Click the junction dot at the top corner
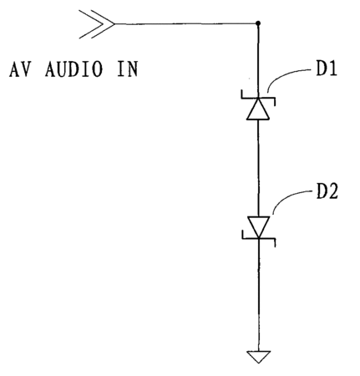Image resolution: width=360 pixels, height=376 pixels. (x=258, y=23)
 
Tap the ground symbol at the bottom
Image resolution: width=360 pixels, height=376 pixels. (x=258, y=357)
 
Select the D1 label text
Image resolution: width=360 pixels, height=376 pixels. (x=327, y=69)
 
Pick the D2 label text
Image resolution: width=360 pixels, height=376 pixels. (x=327, y=191)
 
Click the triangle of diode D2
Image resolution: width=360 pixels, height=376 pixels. (x=258, y=227)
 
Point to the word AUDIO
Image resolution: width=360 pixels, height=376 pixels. (x=74, y=69)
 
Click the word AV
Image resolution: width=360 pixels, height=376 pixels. (x=19, y=69)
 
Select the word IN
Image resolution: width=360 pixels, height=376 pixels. (x=128, y=69)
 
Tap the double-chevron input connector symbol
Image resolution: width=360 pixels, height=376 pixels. (x=97, y=24)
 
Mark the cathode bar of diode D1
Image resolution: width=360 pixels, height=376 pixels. (x=258, y=98)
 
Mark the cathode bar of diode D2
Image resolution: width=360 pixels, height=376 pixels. (x=259, y=238)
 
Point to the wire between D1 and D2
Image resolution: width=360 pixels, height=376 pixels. (x=258, y=168)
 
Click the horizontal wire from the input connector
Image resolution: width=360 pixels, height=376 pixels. (x=185, y=23)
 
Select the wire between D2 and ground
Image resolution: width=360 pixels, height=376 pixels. (x=259, y=295)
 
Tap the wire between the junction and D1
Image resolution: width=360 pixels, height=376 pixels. (x=258, y=61)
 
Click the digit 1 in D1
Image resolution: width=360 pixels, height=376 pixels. (x=332, y=69)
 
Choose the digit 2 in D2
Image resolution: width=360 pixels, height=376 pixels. (x=333, y=191)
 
